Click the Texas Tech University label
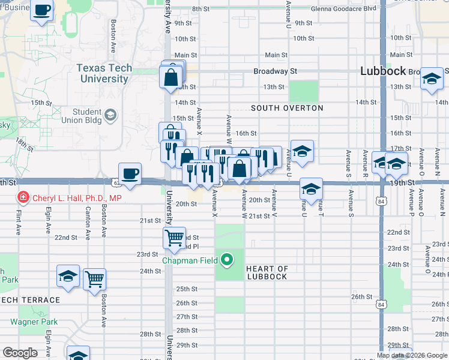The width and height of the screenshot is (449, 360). coord(104,73)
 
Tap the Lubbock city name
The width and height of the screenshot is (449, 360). coord(383,71)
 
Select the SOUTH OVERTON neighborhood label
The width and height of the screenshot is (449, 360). coord(287,108)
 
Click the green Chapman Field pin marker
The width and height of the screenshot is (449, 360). coord(227,260)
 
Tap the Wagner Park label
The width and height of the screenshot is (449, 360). coord(34,322)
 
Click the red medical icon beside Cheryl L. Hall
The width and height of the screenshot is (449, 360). coord(23,197)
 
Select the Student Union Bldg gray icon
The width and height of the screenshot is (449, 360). coord(110,115)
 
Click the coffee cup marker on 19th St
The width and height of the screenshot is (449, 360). coord(130,174)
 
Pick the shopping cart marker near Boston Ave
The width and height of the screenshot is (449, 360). coord(94,278)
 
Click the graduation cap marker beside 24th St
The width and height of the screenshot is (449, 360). coord(68,277)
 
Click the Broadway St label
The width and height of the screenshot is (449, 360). coord(275,71)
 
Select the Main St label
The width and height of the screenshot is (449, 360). coord(276,55)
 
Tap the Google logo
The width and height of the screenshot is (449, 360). coord(20,353)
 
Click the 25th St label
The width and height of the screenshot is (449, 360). coord(187,289)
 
